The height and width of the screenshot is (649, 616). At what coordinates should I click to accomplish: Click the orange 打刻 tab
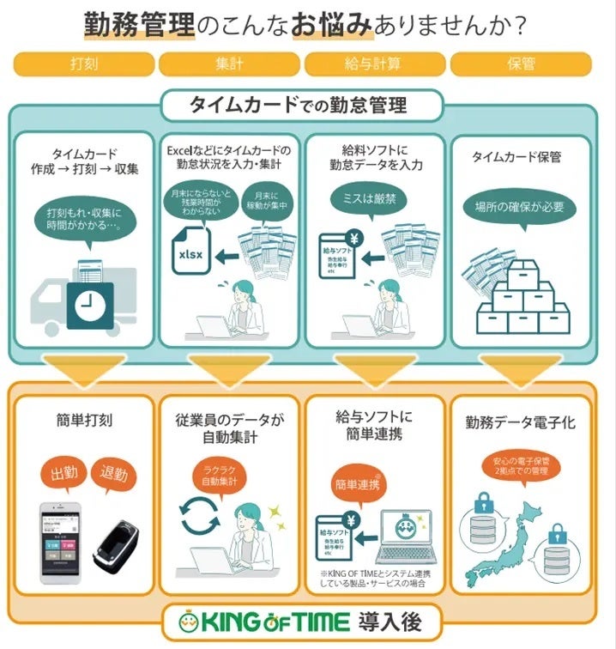pos(83,64)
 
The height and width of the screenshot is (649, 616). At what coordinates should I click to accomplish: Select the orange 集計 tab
pos(229,64)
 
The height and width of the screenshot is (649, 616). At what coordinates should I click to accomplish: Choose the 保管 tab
pos(521,64)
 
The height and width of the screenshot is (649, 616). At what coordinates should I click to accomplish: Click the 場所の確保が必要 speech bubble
pos(517,206)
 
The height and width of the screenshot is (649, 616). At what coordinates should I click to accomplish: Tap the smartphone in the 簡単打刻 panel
pos(64,544)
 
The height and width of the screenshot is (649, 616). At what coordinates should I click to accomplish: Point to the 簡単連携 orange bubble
pos(354,483)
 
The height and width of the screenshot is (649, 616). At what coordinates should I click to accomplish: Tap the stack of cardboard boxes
pos(523,300)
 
